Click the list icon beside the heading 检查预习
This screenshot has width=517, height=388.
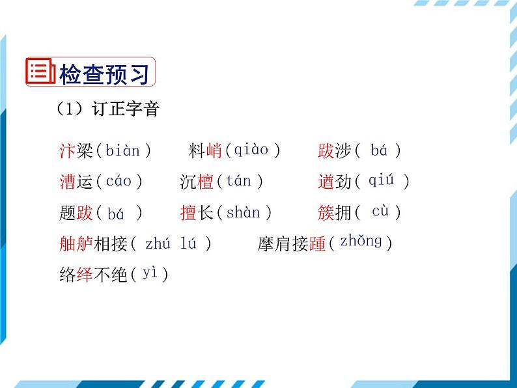coord(39,72)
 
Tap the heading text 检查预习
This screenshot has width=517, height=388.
coord(104,73)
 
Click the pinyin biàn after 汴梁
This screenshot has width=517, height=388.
coord(123,151)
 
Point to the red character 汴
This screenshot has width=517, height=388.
coord(67,152)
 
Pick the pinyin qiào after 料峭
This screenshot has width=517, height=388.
coord(251,150)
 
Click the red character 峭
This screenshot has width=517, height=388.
coord(214,152)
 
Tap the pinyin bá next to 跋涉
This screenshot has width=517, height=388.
coord(379,151)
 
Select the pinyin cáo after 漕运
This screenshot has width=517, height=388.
coord(119,181)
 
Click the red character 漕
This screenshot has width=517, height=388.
coord(67,182)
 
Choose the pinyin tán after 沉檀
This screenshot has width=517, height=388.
coord(238,181)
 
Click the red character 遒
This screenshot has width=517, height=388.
coord(326,182)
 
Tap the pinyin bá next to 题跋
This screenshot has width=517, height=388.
coord(115,213)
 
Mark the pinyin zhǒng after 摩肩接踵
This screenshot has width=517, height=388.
coord(361,242)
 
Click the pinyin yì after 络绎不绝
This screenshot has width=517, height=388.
coord(150,273)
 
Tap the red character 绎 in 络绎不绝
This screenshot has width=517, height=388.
coord(84,275)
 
